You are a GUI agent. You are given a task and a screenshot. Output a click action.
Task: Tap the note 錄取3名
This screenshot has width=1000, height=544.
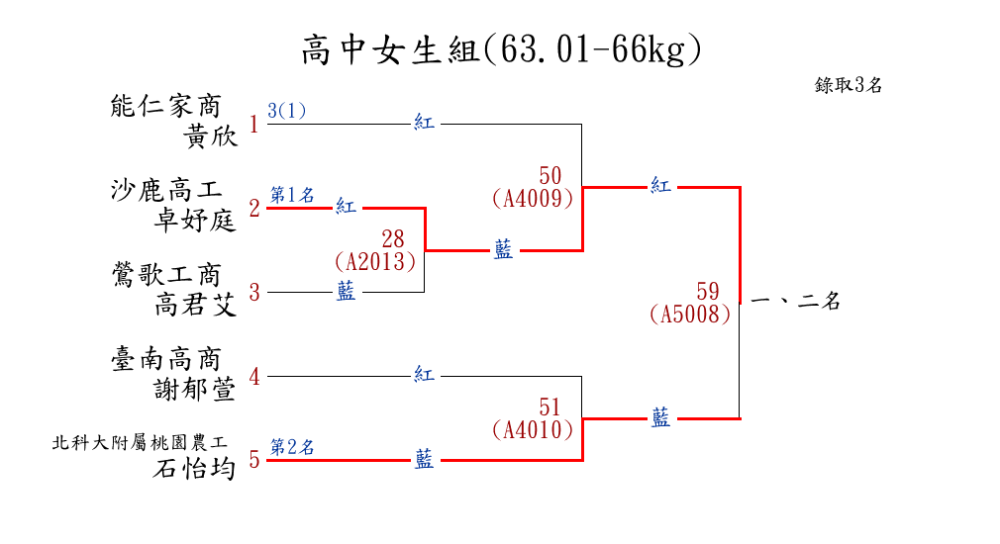tap(849, 85)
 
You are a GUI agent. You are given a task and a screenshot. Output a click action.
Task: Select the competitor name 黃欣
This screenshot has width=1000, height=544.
tap(211, 137)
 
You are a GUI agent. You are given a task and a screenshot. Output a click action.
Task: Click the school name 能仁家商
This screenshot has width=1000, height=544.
tap(166, 106)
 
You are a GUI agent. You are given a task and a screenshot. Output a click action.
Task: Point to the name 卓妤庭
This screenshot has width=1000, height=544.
tap(196, 221)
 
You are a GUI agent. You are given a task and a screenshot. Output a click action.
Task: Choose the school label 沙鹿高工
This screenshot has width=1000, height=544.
tap(166, 190)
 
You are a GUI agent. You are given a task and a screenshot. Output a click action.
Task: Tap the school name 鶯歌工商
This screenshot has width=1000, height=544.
tap(166, 274)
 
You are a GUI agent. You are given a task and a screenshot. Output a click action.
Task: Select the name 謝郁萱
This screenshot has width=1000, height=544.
tap(196, 390)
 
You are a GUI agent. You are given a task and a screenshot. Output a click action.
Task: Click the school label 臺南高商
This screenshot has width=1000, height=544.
tap(166, 358)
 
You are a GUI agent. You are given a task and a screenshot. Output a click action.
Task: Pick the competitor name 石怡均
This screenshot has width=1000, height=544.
tap(196, 468)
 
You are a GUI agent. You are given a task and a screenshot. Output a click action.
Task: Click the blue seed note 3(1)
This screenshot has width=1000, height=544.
tap(287, 111)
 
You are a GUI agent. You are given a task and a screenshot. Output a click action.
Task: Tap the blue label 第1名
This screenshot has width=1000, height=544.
tap(292, 195)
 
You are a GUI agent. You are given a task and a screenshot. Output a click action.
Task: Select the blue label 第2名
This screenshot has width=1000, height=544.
tap(292, 447)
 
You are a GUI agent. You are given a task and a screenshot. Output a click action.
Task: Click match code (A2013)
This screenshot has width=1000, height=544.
tap(376, 261)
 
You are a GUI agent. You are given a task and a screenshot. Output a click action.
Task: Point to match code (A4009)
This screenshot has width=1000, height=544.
tap(533, 198)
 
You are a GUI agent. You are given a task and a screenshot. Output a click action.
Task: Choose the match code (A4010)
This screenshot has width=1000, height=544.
tap(533, 429)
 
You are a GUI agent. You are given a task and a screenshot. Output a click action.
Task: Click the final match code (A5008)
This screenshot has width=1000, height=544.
tap(691, 315)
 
